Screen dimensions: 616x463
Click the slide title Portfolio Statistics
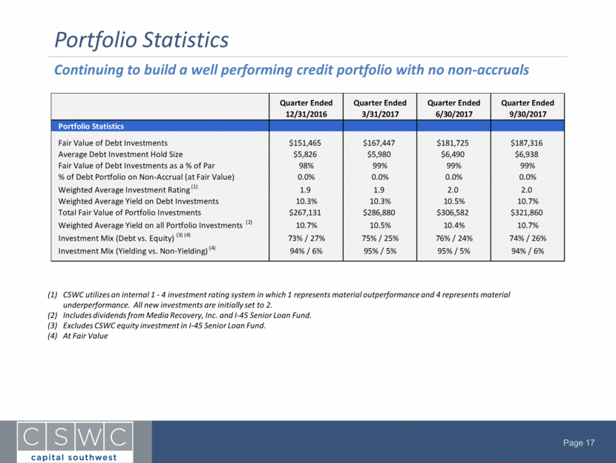142,40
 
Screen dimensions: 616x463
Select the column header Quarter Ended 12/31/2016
306,109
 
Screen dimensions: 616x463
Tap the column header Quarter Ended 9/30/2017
527,109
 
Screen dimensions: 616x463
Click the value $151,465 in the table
305,143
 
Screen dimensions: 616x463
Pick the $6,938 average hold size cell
526,155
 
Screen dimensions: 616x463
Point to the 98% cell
306,166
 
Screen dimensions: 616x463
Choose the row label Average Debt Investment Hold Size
120,155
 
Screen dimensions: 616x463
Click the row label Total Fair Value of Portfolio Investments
130,213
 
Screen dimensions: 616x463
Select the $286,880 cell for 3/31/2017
379,213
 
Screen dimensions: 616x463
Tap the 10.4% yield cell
453,225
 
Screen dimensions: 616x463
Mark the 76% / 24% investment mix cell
453,239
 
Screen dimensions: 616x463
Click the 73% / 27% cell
307,239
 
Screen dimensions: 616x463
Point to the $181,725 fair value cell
453,143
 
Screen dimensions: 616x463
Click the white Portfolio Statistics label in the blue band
91,126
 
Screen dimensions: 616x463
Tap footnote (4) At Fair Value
78,336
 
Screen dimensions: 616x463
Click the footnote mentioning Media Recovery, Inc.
180,315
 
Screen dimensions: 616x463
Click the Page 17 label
579,443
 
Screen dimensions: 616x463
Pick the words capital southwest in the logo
74,457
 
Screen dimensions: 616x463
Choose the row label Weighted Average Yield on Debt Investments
138,201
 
